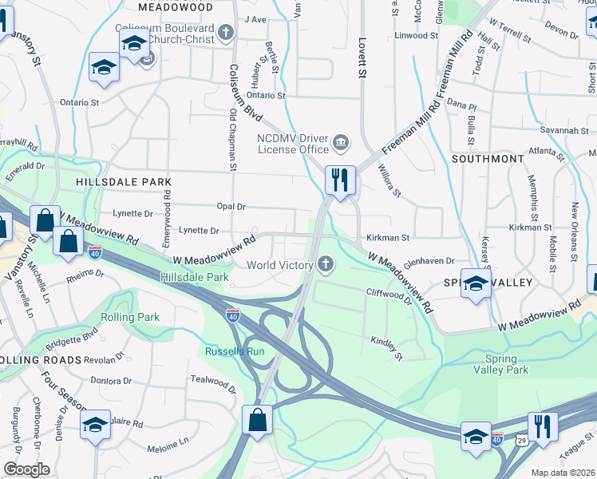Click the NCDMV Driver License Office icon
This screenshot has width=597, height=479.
[x=341, y=143]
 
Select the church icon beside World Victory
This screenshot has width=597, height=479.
[x=325, y=264]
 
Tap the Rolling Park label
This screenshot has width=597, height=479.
[x=130, y=317]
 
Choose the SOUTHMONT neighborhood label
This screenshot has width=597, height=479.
[x=487, y=159]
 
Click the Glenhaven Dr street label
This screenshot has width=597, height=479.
[x=429, y=260]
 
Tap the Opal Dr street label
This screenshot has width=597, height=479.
[x=230, y=206]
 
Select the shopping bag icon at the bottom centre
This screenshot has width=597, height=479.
[x=258, y=419]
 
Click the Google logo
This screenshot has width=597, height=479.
[x=26, y=469]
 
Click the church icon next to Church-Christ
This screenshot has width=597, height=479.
[x=226, y=33]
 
